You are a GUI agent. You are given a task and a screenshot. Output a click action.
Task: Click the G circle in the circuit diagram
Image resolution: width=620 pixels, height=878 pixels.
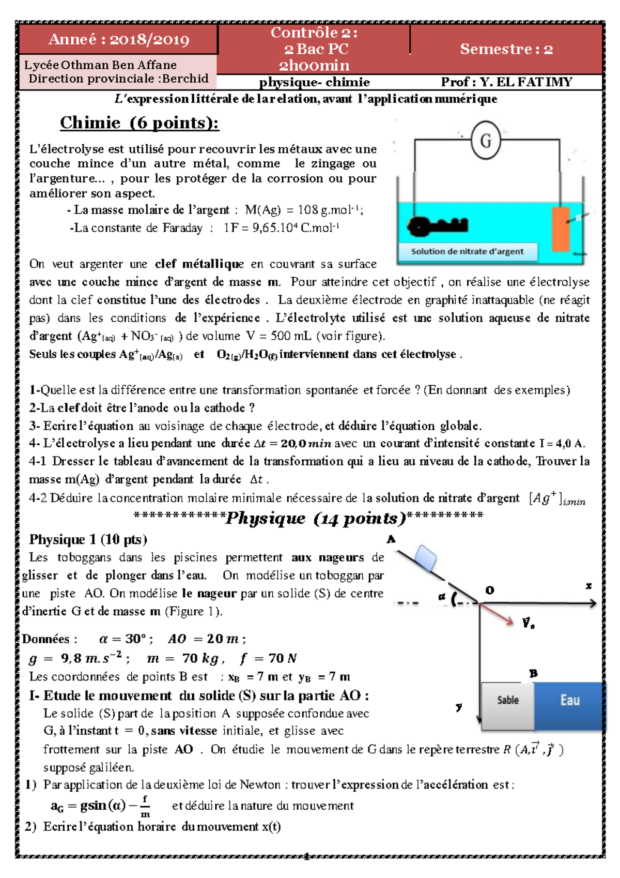pyautogui.click(x=486, y=140)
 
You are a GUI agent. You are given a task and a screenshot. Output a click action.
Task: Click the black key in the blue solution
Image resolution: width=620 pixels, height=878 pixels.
pyautogui.click(x=437, y=225)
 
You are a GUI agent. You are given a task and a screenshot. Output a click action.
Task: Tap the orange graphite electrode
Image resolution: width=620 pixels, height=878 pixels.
pyautogui.click(x=561, y=229)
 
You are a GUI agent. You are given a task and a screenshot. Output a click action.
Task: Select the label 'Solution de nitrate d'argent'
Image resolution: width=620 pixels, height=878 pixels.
pyautogui.click(x=467, y=252)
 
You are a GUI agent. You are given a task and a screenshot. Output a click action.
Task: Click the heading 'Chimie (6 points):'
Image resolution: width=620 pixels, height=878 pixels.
pyautogui.click(x=139, y=123)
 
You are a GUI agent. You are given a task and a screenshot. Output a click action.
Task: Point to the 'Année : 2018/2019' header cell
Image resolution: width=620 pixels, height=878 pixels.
pyautogui.click(x=118, y=39)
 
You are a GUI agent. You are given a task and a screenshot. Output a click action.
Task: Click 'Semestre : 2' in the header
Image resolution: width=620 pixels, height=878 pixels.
pyautogui.click(x=506, y=49)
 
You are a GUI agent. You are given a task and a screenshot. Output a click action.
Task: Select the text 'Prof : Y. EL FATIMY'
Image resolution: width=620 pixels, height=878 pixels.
pyautogui.click(x=506, y=82)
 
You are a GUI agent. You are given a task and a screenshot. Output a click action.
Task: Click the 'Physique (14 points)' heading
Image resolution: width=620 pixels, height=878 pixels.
pyautogui.click(x=316, y=518)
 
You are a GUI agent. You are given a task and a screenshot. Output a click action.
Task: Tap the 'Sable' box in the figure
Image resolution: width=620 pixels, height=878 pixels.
pyautogui.click(x=507, y=700)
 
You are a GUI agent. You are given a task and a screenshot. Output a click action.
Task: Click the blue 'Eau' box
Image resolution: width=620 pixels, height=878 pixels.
pyautogui.click(x=569, y=700)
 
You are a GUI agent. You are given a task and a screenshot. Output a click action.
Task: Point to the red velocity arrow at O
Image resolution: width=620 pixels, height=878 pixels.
pyautogui.click(x=497, y=614)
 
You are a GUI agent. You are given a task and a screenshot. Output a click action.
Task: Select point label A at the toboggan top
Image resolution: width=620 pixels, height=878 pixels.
pyautogui.click(x=391, y=539)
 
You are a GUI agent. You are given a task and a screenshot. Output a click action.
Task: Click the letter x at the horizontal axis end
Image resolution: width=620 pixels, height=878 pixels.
pyautogui.click(x=588, y=586)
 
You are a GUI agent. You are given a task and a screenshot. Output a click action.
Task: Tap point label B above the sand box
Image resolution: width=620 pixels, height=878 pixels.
pyautogui.click(x=533, y=673)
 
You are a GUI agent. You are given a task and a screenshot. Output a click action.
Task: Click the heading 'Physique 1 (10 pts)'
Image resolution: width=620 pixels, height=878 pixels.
pyautogui.click(x=88, y=539)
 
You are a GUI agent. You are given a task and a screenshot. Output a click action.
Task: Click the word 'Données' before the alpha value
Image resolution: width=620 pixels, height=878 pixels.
pyautogui.click(x=49, y=639)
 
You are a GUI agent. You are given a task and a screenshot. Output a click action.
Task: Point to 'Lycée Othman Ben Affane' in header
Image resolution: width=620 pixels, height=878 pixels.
pyautogui.click(x=100, y=65)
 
